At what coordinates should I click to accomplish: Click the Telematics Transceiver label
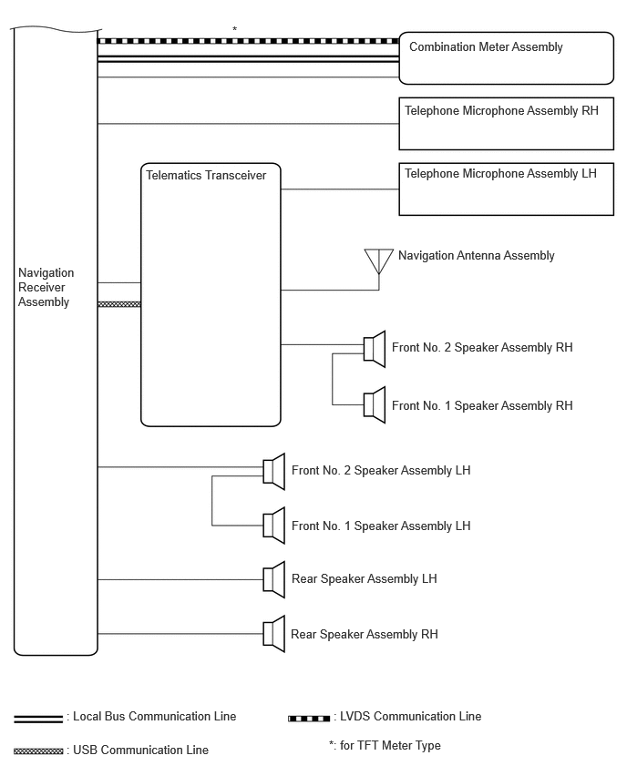[206, 175]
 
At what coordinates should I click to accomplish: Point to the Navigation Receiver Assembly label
[46, 287]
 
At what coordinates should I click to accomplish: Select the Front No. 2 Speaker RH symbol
[375, 349]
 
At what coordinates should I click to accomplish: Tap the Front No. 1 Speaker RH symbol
[375, 405]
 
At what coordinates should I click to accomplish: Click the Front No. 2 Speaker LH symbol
[274, 472]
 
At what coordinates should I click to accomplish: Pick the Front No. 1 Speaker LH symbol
[274, 526]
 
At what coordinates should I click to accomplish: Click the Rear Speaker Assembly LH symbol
[274, 579]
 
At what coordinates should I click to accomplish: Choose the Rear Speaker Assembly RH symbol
[274, 634]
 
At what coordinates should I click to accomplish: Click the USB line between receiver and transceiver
[119, 304]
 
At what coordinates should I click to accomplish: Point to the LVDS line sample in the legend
[309, 719]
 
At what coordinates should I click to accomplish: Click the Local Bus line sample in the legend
[38, 720]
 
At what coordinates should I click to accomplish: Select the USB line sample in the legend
[38, 751]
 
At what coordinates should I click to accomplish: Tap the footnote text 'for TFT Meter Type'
[390, 746]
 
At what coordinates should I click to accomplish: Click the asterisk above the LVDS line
[235, 30]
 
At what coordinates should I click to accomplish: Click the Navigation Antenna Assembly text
[477, 255]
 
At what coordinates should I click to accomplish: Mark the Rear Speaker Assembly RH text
[365, 635]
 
